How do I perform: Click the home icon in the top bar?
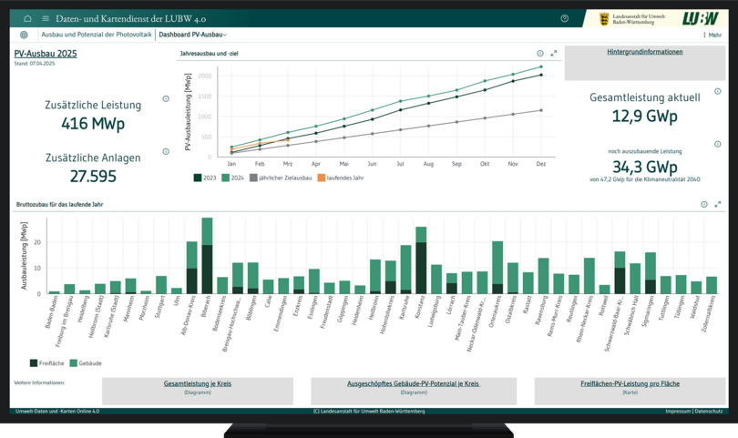[x=27, y=18]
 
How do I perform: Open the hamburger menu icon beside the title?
[x=45, y=18]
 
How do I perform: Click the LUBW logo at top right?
[x=699, y=18]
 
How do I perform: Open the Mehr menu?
[x=712, y=35]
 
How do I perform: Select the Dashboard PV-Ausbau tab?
[x=192, y=35]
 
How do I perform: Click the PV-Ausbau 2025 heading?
[x=46, y=54]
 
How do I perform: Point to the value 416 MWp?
[x=93, y=124]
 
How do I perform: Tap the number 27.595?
[x=93, y=176]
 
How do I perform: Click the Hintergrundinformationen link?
[x=644, y=52]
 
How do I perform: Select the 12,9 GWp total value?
[x=644, y=117]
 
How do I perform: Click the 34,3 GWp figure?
[x=644, y=167]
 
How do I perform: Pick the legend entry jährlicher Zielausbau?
[x=282, y=178]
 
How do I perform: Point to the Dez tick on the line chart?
[x=541, y=164]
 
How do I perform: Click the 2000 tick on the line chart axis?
[x=205, y=76]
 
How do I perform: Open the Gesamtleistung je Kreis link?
[x=198, y=384]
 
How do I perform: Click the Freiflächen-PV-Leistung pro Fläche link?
[x=630, y=384]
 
